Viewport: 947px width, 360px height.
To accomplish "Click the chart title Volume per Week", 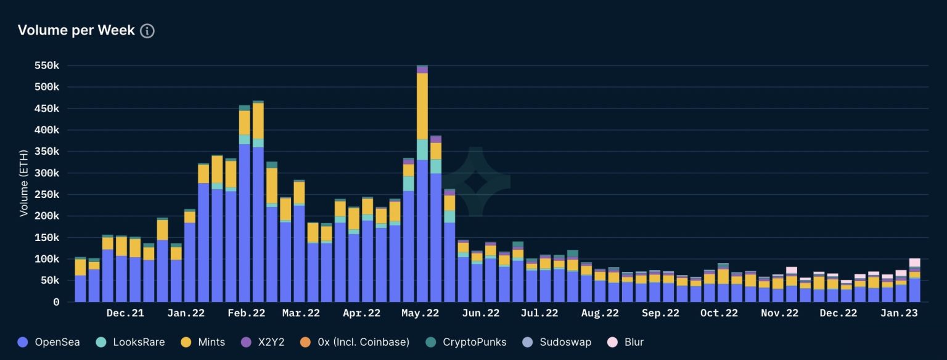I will tap(76, 30).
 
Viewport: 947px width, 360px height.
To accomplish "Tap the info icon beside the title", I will tap(147, 31).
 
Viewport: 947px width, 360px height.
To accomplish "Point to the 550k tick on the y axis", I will tap(47, 65).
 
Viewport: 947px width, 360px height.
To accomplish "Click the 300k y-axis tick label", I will tap(47, 173).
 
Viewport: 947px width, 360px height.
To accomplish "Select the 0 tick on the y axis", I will tap(56, 302).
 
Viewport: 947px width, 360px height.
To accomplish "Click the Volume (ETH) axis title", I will tap(24, 184).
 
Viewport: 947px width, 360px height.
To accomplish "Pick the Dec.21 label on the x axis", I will tap(125, 313).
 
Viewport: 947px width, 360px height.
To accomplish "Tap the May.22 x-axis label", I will tap(420, 313).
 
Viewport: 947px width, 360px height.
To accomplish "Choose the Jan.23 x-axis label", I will tap(898, 313).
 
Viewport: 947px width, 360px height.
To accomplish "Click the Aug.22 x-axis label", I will tap(599, 313).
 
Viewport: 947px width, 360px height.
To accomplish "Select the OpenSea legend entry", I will tap(49, 342).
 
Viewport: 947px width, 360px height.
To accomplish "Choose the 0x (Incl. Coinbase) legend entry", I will tap(354, 342).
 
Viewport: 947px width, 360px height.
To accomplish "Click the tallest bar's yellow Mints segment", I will tap(422, 106).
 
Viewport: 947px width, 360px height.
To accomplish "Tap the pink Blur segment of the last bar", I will tap(914, 263).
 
